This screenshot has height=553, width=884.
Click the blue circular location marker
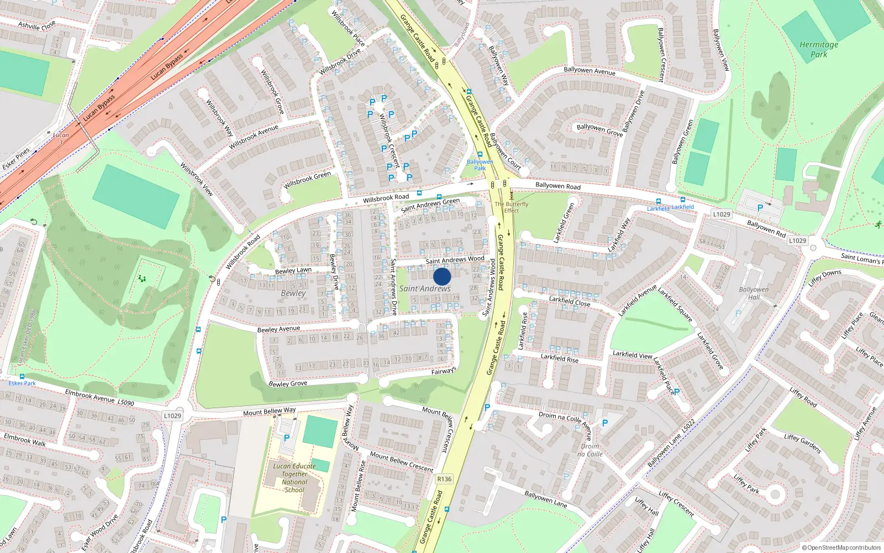[442, 276]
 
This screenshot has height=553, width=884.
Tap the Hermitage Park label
[819, 49]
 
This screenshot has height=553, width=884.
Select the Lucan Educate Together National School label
[294, 478]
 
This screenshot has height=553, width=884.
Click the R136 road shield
[444, 479]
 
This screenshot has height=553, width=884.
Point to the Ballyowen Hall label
[754, 293]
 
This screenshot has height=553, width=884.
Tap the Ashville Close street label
[36, 25]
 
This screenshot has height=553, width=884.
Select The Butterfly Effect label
[511, 207]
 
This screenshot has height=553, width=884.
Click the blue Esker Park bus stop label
[22, 383]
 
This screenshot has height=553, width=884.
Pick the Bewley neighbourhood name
[293, 293]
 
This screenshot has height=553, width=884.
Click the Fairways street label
[444, 371]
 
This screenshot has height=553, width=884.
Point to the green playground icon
[143, 279]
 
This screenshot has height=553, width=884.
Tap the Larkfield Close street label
[570, 301]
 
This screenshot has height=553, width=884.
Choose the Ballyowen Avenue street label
[589, 70]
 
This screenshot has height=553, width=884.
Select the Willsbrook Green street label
[307, 180]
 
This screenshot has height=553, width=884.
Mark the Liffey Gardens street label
[802, 444]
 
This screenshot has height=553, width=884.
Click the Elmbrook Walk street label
[25, 440]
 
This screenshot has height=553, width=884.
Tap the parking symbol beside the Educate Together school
[287, 437]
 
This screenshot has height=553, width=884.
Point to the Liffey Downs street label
[824, 277]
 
